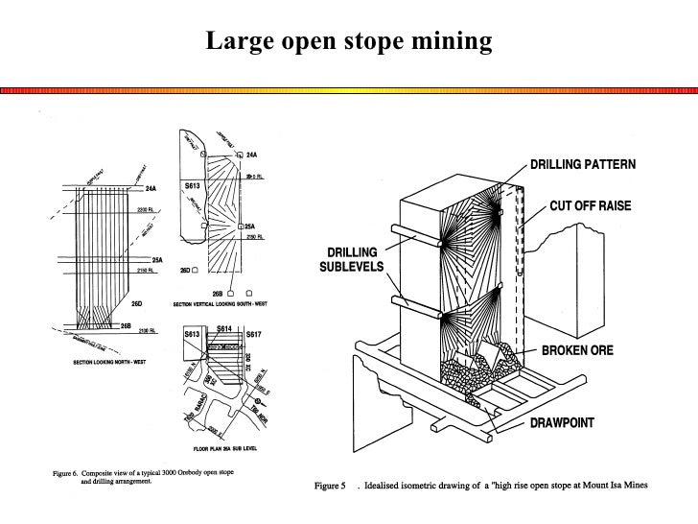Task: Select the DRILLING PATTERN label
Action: (x=583, y=164)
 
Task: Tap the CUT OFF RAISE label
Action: (x=593, y=205)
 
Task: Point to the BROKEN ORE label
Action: (x=585, y=352)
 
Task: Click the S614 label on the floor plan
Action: (x=224, y=328)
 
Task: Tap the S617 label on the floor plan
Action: (x=254, y=334)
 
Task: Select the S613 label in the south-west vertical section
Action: (x=193, y=184)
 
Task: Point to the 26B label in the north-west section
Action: (x=126, y=324)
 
